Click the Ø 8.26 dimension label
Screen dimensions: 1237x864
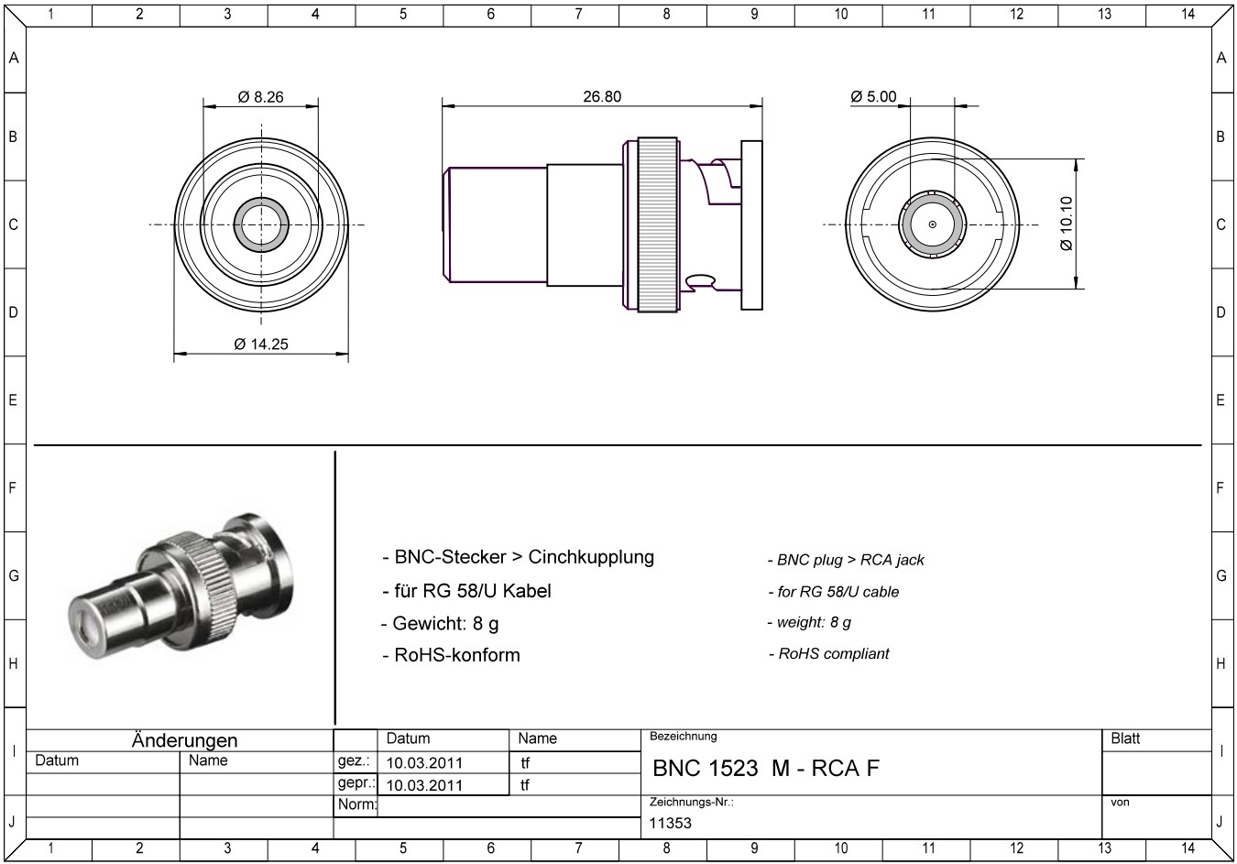pyautogui.click(x=260, y=97)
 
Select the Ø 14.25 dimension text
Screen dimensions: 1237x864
pyautogui.click(x=260, y=345)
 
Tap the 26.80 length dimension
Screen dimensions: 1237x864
pyautogui.click(x=602, y=96)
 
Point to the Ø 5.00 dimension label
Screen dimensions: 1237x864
pyautogui.click(x=873, y=96)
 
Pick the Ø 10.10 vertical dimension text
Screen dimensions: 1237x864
pyautogui.click(x=1067, y=224)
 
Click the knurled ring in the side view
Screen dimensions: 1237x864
pyautogui.click(x=658, y=224)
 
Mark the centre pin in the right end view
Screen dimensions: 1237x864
pyautogui.click(x=933, y=224)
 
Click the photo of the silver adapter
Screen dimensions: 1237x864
pyautogui.click(x=181, y=587)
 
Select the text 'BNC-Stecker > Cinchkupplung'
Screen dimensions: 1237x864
pyautogui.click(x=524, y=557)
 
